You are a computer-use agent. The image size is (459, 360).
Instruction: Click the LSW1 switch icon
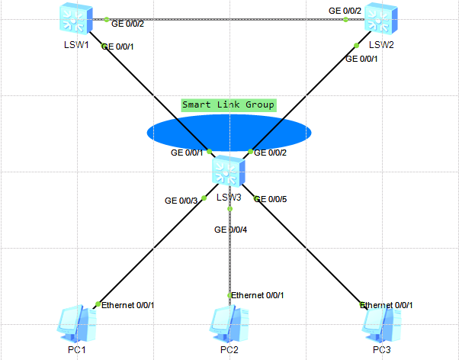point(76,18)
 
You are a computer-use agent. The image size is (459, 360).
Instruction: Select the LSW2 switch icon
point(380,18)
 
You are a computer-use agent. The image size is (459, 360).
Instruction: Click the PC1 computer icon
point(77,324)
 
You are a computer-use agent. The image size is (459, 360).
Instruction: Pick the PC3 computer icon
point(380,324)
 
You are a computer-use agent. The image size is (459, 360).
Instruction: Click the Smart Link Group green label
point(229,104)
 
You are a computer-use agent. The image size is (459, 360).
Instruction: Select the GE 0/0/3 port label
point(181,201)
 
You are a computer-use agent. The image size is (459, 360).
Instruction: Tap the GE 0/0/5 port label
point(270,199)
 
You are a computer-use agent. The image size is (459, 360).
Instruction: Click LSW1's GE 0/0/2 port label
point(129,24)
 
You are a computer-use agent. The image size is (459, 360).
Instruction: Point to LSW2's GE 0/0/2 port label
point(345,11)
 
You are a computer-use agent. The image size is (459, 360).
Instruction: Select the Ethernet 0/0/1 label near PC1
point(128,306)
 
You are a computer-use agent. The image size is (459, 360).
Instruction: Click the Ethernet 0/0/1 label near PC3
point(387,305)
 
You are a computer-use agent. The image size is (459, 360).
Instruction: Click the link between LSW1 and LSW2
point(229,19)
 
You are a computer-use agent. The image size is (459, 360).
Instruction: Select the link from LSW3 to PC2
point(230,259)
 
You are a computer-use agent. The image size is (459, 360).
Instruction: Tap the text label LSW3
point(229,198)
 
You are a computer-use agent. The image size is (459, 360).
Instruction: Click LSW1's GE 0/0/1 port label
point(118,47)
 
